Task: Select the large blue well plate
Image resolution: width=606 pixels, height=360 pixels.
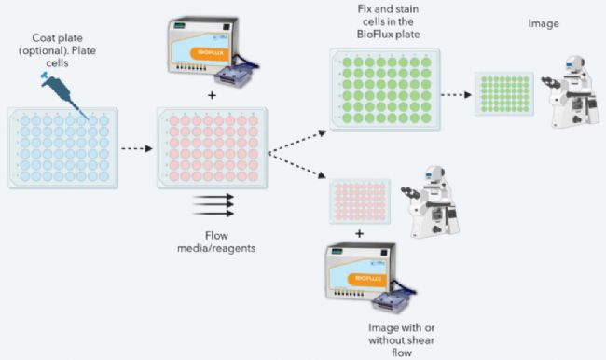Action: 63,148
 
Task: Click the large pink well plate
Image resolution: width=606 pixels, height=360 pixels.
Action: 212,148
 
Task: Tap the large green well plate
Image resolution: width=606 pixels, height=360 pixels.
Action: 385,90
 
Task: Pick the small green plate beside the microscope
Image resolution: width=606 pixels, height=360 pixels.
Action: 504,93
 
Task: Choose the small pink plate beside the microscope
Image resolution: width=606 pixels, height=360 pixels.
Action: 360,201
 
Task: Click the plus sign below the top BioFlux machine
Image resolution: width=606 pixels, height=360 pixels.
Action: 212,95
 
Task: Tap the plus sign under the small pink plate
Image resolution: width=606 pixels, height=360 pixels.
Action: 360,233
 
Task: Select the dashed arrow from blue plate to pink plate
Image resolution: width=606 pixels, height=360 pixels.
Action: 137,148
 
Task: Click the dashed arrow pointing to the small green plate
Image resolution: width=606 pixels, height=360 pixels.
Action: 457,94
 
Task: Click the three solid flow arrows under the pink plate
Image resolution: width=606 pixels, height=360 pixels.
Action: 213,205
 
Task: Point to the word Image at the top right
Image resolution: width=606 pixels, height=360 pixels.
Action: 544,23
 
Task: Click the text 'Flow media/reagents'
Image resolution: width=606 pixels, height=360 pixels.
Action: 216,242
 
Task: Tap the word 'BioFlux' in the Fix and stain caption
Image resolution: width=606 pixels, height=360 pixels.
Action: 372,34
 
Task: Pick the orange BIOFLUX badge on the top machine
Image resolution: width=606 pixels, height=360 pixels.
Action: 211,53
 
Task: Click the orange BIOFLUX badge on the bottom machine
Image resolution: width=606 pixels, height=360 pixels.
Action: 368,279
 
